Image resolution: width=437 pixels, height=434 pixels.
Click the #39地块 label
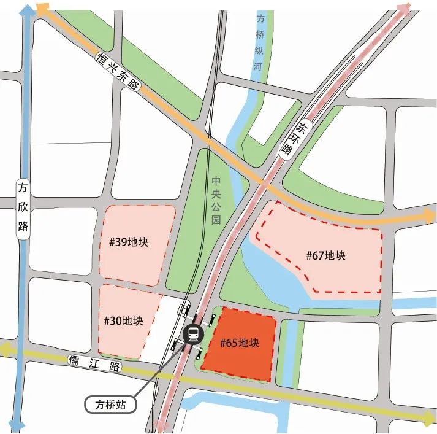pos(129,241)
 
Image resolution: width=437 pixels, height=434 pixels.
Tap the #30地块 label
pos(123,320)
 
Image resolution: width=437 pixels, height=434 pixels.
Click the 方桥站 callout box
pos(109,405)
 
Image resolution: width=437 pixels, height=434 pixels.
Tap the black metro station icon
pos(193,334)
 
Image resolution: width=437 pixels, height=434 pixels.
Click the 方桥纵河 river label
pos(258,42)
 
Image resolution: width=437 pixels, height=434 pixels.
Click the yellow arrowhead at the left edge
pos(6,351)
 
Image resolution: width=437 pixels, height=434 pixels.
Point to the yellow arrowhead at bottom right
pos(428,419)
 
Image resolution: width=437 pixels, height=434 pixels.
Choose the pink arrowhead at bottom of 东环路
pos(163,425)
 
